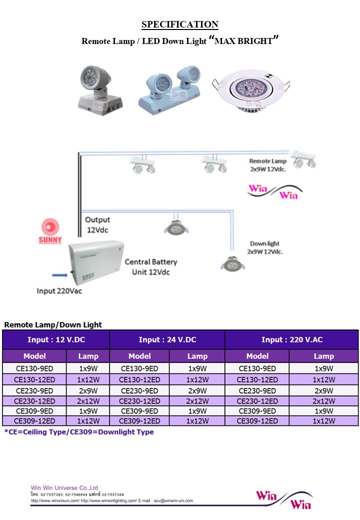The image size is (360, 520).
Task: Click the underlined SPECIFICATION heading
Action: (x=180, y=24)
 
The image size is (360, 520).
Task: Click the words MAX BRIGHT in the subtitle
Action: (x=243, y=41)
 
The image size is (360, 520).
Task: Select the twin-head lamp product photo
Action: (x=169, y=90)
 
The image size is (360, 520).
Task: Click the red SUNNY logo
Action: (x=50, y=231)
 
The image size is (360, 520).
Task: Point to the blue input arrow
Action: (x=60, y=275)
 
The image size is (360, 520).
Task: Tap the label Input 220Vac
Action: (x=59, y=291)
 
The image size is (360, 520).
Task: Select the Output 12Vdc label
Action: (x=97, y=225)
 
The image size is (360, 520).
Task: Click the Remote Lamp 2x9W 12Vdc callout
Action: (x=268, y=165)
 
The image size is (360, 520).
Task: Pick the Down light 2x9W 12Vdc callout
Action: (x=265, y=247)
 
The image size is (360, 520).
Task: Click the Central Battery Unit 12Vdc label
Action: (x=151, y=267)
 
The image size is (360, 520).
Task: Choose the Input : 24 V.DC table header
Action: (x=167, y=339)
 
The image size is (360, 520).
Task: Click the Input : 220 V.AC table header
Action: (x=292, y=339)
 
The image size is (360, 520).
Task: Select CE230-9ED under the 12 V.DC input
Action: (x=34, y=390)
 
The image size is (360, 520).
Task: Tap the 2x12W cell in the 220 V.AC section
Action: (x=324, y=401)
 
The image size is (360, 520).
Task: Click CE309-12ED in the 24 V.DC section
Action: (x=139, y=421)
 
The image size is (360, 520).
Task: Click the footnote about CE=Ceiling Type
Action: (x=79, y=432)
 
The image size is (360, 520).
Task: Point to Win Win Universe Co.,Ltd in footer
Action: (x=64, y=488)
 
